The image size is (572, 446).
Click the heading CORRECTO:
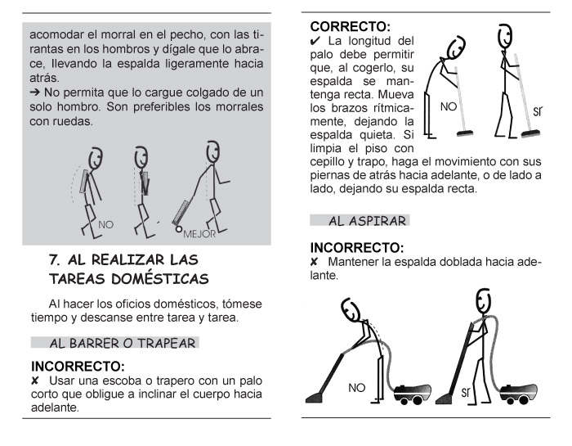tap(351, 27)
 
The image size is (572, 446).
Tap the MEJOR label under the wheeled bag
tap(199, 234)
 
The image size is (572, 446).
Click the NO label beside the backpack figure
tap(105, 225)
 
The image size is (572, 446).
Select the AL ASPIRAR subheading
tap(368, 221)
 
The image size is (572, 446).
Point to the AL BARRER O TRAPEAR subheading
tap(123, 344)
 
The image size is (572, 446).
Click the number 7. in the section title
tap(55, 259)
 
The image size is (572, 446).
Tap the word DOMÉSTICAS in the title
tap(160, 279)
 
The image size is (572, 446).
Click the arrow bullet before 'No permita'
tap(34, 92)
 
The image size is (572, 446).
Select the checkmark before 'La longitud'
tap(315, 41)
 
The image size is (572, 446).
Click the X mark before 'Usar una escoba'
tap(34, 381)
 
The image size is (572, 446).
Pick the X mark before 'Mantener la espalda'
tap(314, 262)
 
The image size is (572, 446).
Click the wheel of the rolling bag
tap(178, 229)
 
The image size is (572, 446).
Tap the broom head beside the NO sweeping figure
tap(465, 133)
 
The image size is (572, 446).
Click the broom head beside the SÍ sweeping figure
tap(530, 133)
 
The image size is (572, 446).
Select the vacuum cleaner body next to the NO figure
tap(412, 394)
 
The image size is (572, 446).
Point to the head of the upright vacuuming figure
tap(484, 301)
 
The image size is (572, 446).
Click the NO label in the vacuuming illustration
tap(356, 388)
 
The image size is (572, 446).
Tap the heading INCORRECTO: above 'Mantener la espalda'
tap(357, 248)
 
